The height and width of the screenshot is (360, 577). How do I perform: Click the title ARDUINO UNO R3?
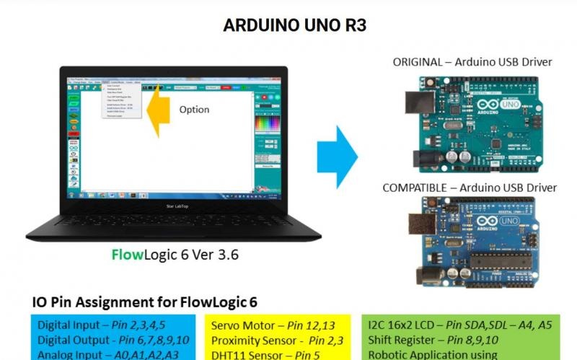(295, 25)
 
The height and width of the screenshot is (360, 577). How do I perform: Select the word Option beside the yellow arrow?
(194, 110)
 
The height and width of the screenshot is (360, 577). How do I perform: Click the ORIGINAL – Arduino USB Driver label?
(472, 62)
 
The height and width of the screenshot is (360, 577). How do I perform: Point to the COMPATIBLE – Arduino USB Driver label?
(470, 188)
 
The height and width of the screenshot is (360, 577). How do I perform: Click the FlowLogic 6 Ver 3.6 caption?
(175, 254)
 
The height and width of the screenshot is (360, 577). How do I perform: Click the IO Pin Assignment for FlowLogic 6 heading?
(145, 302)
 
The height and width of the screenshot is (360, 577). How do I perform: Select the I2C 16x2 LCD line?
(459, 325)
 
